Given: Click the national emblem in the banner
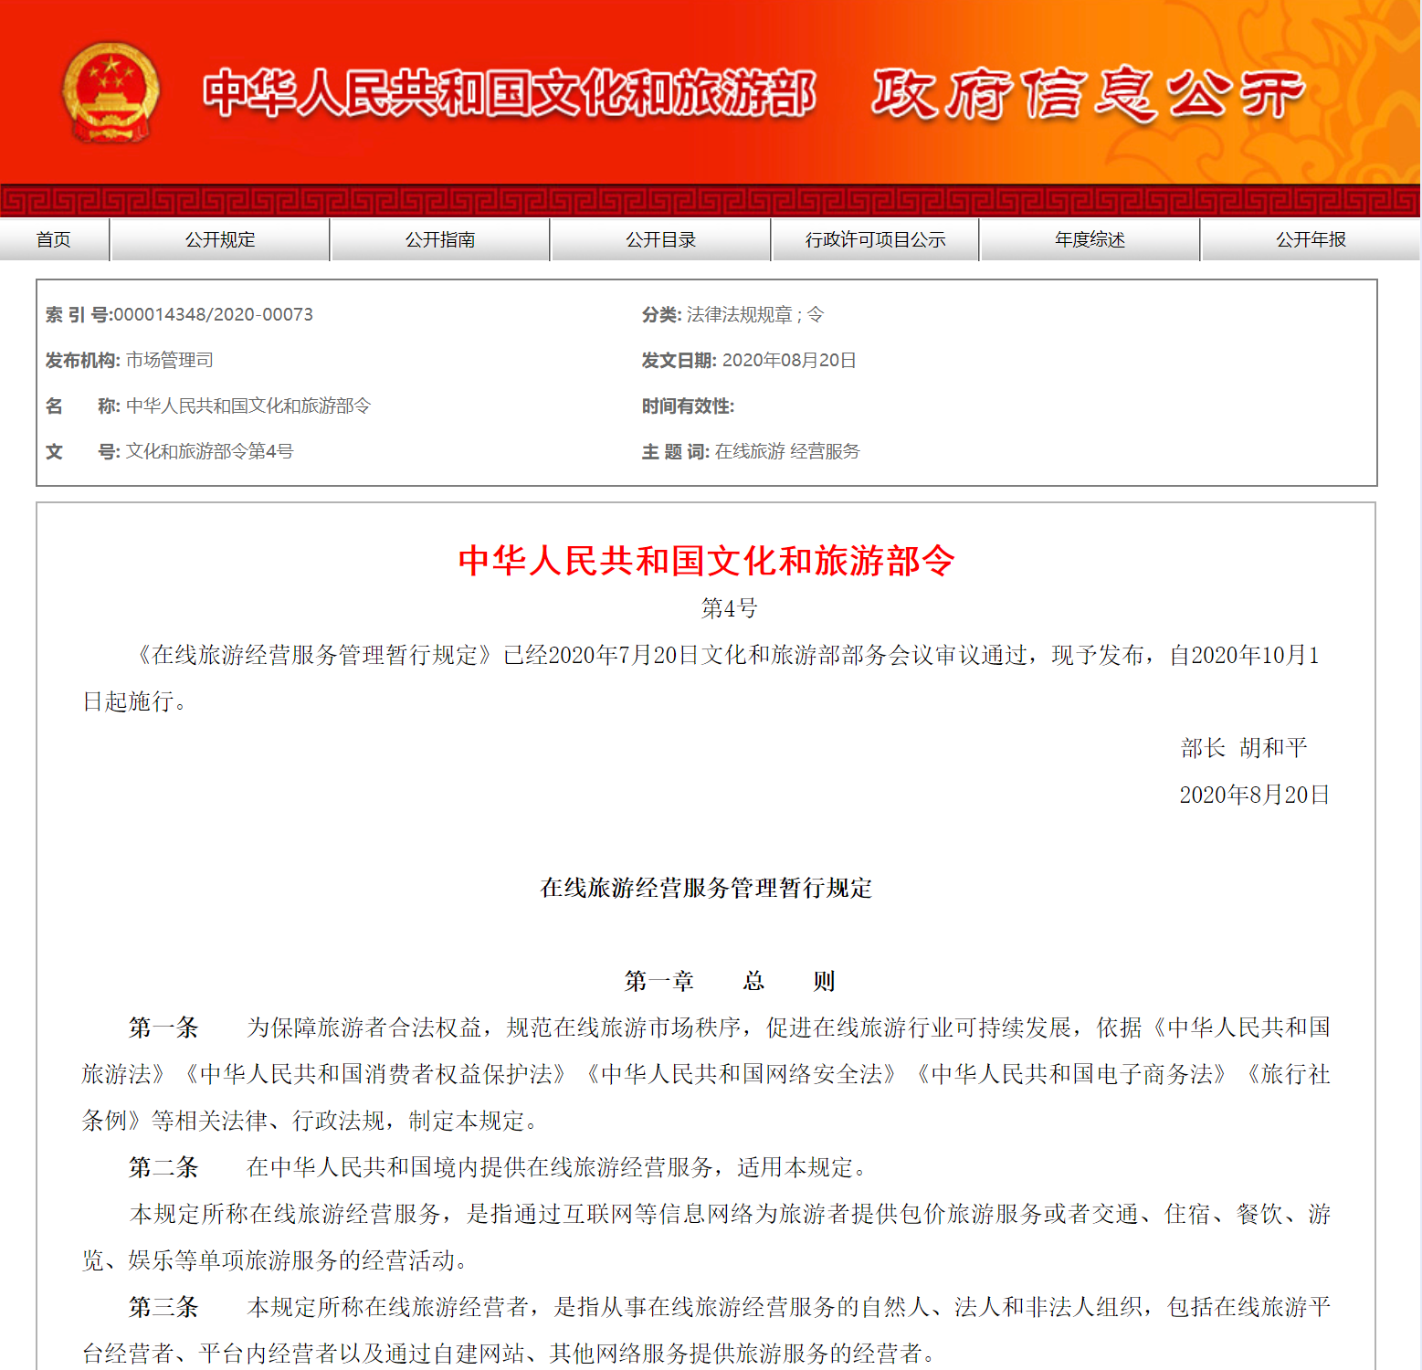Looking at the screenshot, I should point(111,92).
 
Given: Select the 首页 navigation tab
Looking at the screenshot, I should point(53,239).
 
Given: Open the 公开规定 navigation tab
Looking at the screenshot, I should point(220,239).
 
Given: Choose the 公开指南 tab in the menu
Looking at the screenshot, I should point(440,239).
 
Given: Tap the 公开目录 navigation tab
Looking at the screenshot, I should point(660,239).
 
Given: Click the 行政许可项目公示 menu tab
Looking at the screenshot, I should point(875,239).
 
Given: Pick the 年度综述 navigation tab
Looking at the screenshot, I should point(1090,239).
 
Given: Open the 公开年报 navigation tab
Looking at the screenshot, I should point(1311,239).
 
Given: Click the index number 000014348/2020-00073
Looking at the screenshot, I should point(213,315).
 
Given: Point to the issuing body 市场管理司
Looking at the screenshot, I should point(169,361).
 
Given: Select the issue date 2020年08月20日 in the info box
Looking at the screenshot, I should point(789,361).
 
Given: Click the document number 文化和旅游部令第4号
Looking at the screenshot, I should point(209,451).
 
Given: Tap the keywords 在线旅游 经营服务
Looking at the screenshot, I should point(787,451).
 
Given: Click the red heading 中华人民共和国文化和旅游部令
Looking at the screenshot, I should point(706,561).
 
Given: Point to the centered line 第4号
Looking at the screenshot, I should point(729,608).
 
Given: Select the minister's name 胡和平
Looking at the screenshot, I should point(1273,748).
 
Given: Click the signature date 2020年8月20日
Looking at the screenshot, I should point(1254,795).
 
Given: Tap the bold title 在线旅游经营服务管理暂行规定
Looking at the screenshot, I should point(706,888).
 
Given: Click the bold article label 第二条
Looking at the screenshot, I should point(163,1167).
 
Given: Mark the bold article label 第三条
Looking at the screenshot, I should point(163,1307).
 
